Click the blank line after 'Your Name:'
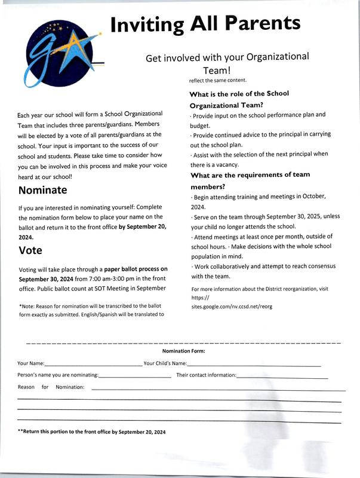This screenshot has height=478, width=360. pos(93,363)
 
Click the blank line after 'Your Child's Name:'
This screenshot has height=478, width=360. pos(254,363)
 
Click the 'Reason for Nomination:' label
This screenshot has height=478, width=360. pos(51,387)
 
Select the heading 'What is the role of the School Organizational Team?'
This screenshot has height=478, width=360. pos(239,99)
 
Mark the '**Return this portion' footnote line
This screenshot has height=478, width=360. pos(92,432)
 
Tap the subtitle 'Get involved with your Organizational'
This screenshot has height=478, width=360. pos(227,58)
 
